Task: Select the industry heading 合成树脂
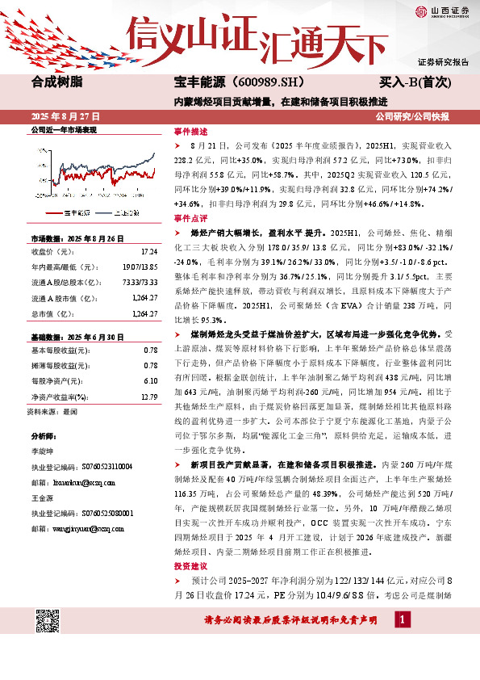tap(56, 82)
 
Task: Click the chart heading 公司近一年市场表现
tap(63, 129)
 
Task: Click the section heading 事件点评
tap(190, 218)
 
